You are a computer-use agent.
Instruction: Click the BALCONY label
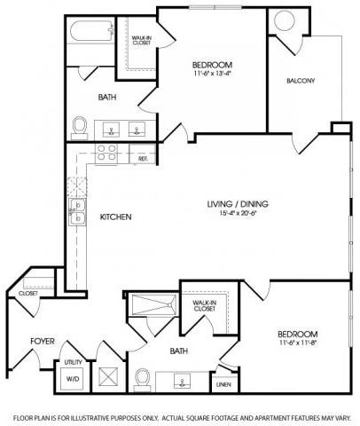coord(301,81)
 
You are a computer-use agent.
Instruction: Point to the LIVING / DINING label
coord(238,204)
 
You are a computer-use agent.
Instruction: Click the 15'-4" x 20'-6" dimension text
coord(238,214)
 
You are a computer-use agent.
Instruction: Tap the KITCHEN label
coord(116,217)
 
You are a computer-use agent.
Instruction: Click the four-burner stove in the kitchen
coord(107,153)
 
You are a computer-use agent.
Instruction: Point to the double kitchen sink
coord(77,210)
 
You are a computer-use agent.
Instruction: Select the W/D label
coord(72,379)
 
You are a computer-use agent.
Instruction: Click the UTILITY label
coord(73,362)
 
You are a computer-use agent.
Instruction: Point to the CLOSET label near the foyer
coord(27,292)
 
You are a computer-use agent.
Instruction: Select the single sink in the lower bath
coord(181,383)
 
